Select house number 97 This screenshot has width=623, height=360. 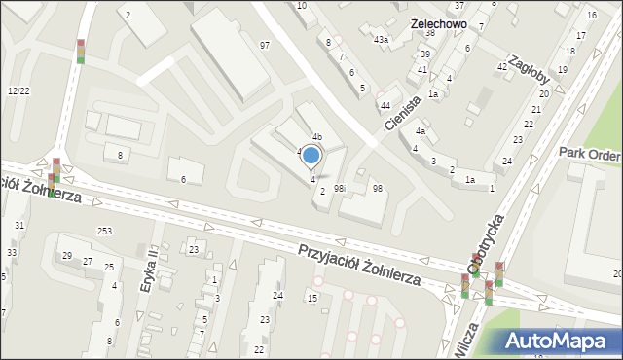265,46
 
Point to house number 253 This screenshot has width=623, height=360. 104,231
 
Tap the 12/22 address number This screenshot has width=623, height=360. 18,90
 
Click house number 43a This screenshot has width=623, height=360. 382,40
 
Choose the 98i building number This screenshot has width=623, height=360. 340,188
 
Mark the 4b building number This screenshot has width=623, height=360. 316,137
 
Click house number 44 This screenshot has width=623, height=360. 385,105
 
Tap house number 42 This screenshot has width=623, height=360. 502,66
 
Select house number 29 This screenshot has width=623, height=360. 67,256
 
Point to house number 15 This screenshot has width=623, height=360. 312,297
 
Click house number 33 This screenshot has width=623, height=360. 12,253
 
